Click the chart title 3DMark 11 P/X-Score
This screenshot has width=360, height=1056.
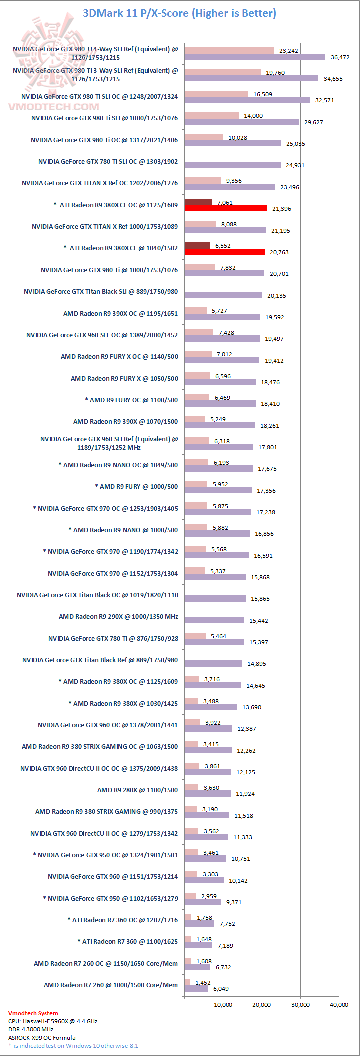tap(179, 13)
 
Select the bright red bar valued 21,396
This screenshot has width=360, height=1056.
tap(226, 208)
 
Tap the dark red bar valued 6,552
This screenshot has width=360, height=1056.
tap(197, 245)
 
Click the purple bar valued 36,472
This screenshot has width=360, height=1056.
tap(255, 57)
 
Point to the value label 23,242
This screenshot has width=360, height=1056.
tap(289, 51)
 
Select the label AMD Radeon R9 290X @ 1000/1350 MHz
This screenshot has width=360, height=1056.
tap(118, 617)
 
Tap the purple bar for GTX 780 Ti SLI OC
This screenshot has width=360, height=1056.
tap(232, 165)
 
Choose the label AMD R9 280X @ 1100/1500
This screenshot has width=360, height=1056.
tap(137, 790)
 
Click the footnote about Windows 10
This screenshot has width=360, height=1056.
tap(73, 1045)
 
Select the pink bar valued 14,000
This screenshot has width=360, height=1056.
tap(211, 115)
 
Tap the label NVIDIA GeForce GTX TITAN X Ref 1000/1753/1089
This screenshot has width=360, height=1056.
tap(105, 227)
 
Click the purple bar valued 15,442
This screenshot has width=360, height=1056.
tap(214, 620)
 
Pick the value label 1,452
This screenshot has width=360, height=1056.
tap(203, 983)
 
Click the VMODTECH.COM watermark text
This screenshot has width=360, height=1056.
tap(54, 106)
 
